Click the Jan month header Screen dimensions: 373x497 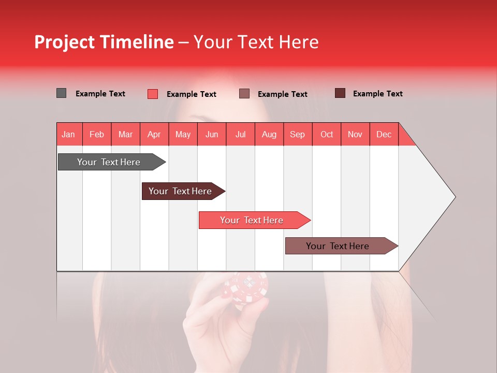click(69, 134)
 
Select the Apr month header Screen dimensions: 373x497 click(154, 134)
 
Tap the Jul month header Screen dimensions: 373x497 click(240, 134)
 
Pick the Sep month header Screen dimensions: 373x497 click(298, 134)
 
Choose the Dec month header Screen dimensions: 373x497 click(384, 134)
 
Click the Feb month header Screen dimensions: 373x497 click(97, 134)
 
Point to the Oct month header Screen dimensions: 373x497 click(327, 134)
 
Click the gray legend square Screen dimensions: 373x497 click(61, 93)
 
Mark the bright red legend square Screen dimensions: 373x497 click(153, 94)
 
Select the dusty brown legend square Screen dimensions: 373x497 click(244, 94)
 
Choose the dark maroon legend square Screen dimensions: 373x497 click(340, 93)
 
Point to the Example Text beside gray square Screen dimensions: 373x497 click(100, 94)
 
